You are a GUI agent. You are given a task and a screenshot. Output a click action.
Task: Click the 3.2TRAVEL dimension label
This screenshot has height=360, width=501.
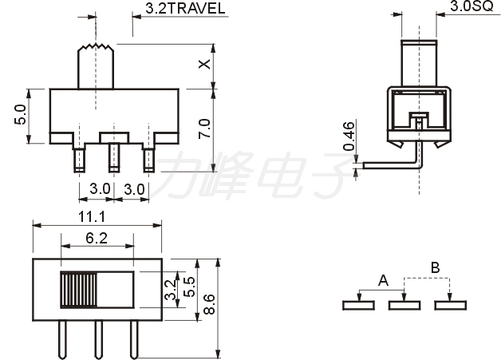point(185,8)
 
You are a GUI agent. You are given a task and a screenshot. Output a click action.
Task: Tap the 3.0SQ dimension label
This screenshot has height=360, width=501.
point(471,6)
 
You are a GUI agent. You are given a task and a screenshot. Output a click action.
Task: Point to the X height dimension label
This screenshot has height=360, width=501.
point(204,64)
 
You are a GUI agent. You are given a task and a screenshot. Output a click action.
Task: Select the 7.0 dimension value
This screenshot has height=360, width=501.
point(204,129)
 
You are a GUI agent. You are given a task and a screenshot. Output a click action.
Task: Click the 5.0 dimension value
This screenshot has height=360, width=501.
point(20,114)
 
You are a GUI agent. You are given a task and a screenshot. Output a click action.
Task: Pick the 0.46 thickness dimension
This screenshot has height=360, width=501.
point(349,136)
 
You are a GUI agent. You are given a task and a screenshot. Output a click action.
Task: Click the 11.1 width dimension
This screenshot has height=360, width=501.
point(92,217)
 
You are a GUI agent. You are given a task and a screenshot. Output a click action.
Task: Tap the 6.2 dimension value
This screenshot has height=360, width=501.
point(97,238)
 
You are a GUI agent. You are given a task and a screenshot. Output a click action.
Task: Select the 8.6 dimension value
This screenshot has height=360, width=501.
point(210,304)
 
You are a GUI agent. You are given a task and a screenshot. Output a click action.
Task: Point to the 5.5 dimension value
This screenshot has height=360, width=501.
point(190,287)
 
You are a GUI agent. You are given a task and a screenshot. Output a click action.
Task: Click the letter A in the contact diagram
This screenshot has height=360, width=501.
point(383,280)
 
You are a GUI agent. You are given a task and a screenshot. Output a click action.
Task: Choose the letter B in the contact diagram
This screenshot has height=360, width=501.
point(435,267)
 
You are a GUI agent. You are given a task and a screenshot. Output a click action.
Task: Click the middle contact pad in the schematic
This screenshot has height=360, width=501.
point(404,306)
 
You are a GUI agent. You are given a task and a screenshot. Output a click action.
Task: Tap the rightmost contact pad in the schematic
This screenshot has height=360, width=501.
point(451,306)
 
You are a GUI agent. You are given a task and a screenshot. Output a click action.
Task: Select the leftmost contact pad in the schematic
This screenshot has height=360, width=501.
point(358,306)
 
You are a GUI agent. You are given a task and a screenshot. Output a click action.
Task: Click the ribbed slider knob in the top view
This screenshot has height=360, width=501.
point(79,290)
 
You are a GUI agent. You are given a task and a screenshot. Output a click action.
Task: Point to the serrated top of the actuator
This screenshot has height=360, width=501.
point(96,47)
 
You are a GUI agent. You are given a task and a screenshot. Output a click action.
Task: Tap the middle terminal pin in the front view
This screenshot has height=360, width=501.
point(114,157)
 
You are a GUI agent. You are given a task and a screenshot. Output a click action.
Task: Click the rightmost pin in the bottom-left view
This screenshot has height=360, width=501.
point(134,339)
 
